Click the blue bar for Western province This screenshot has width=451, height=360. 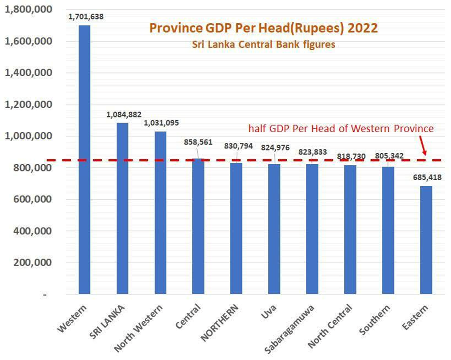coord(84,160)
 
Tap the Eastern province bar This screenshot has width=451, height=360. coord(425,240)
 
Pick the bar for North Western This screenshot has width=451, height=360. coord(160,213)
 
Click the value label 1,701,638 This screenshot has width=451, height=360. coord(86,17)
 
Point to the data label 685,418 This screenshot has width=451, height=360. coord(424,177)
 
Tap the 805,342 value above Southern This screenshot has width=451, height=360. coord(387,156)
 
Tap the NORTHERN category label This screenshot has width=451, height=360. coord(219,322)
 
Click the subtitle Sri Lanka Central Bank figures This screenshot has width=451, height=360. coord(264,45)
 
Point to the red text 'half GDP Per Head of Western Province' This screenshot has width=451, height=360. coord(341,129)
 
